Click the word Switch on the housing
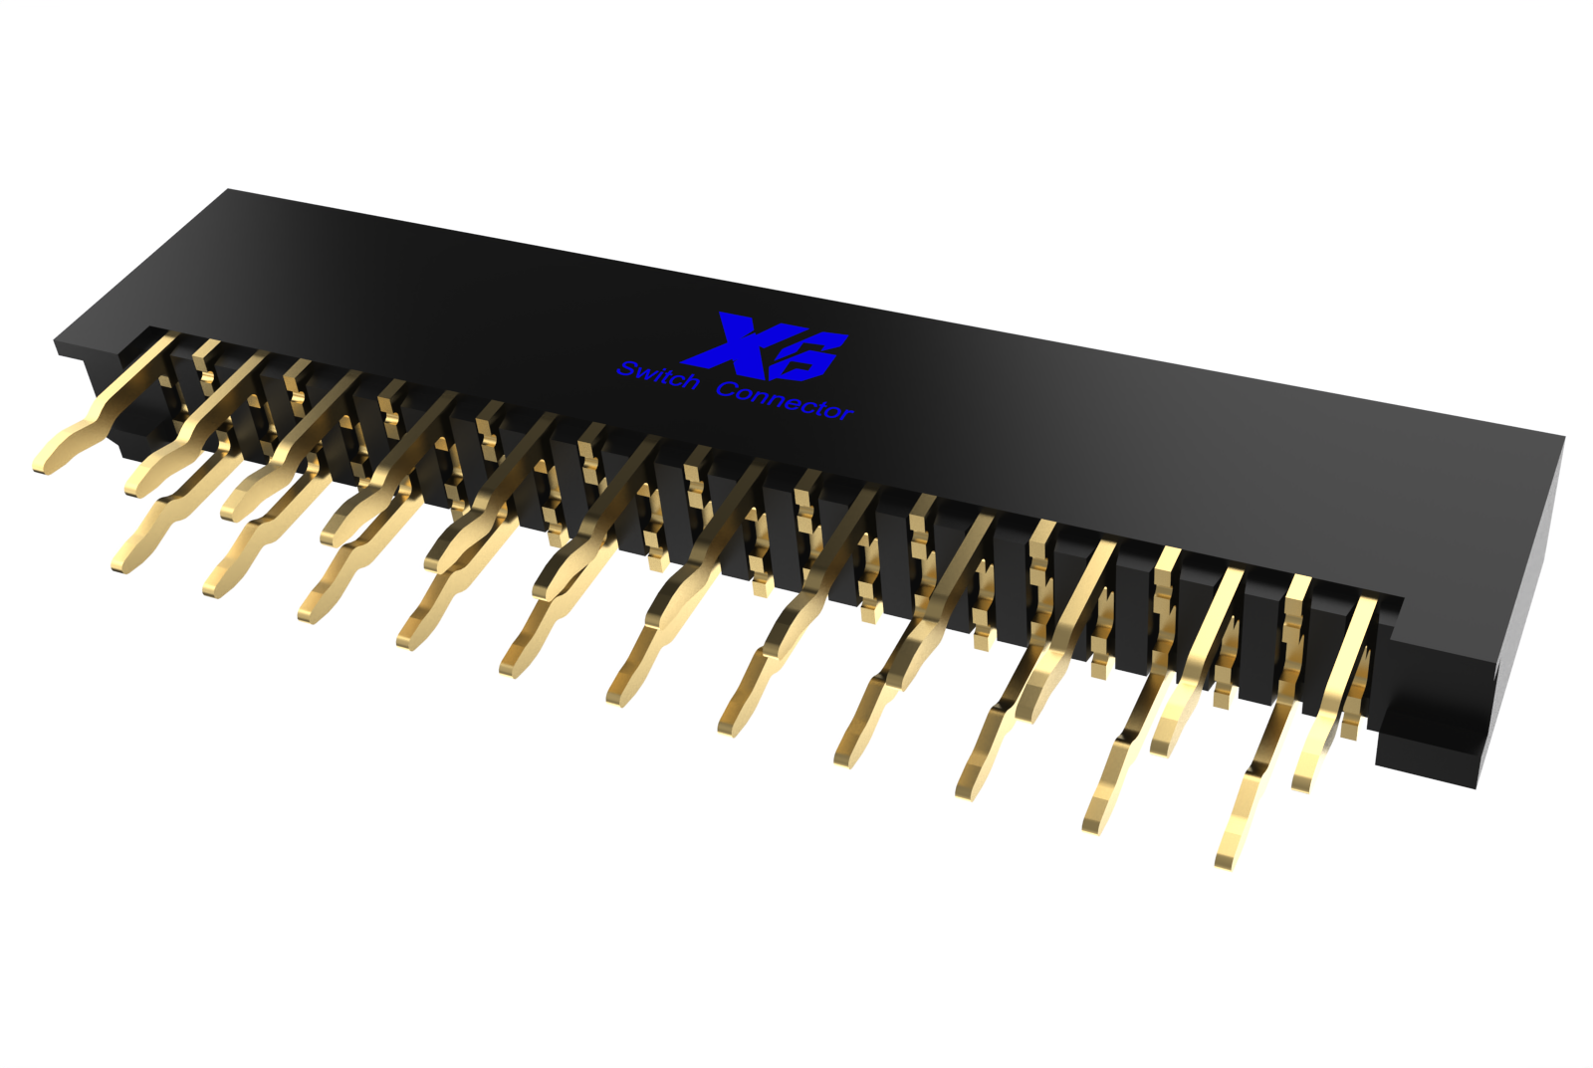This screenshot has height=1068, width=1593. (657, 377)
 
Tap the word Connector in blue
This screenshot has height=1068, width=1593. (785, 400)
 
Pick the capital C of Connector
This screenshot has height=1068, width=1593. (728, 388)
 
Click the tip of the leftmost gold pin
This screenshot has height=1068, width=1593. (40, 464)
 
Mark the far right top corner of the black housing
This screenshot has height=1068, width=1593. (1563, 437)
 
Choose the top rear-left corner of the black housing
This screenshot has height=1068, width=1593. (229, 190)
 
